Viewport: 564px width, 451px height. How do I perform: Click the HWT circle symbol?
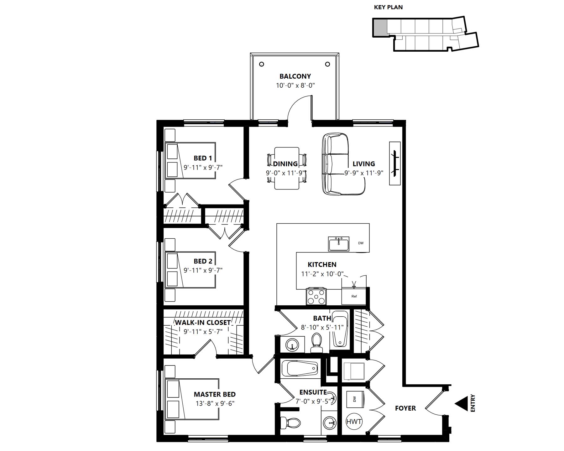[354, 422]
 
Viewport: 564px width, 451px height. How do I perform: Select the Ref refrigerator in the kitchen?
[354, 296]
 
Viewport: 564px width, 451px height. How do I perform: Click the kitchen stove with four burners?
[316, 296]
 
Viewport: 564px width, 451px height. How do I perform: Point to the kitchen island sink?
[339, 244]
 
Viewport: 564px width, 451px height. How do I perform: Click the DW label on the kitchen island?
[361, 243]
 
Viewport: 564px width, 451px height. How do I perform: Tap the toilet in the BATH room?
[316, 343]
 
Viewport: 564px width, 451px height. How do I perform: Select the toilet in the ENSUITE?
[290, 423]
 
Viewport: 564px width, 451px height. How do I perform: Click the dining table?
[287, 168]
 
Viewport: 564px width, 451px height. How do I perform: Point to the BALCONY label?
[295, 76]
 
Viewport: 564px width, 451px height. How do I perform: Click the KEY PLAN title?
[388, 7]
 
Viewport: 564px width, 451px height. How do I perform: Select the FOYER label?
[405, 408]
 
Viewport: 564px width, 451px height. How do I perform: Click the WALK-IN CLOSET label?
[203, 323]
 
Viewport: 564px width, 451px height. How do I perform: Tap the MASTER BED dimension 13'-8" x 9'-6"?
[215, 403]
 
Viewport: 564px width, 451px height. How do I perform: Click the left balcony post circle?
[262, 64]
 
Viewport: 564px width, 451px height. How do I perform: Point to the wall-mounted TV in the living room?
[395, 163]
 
